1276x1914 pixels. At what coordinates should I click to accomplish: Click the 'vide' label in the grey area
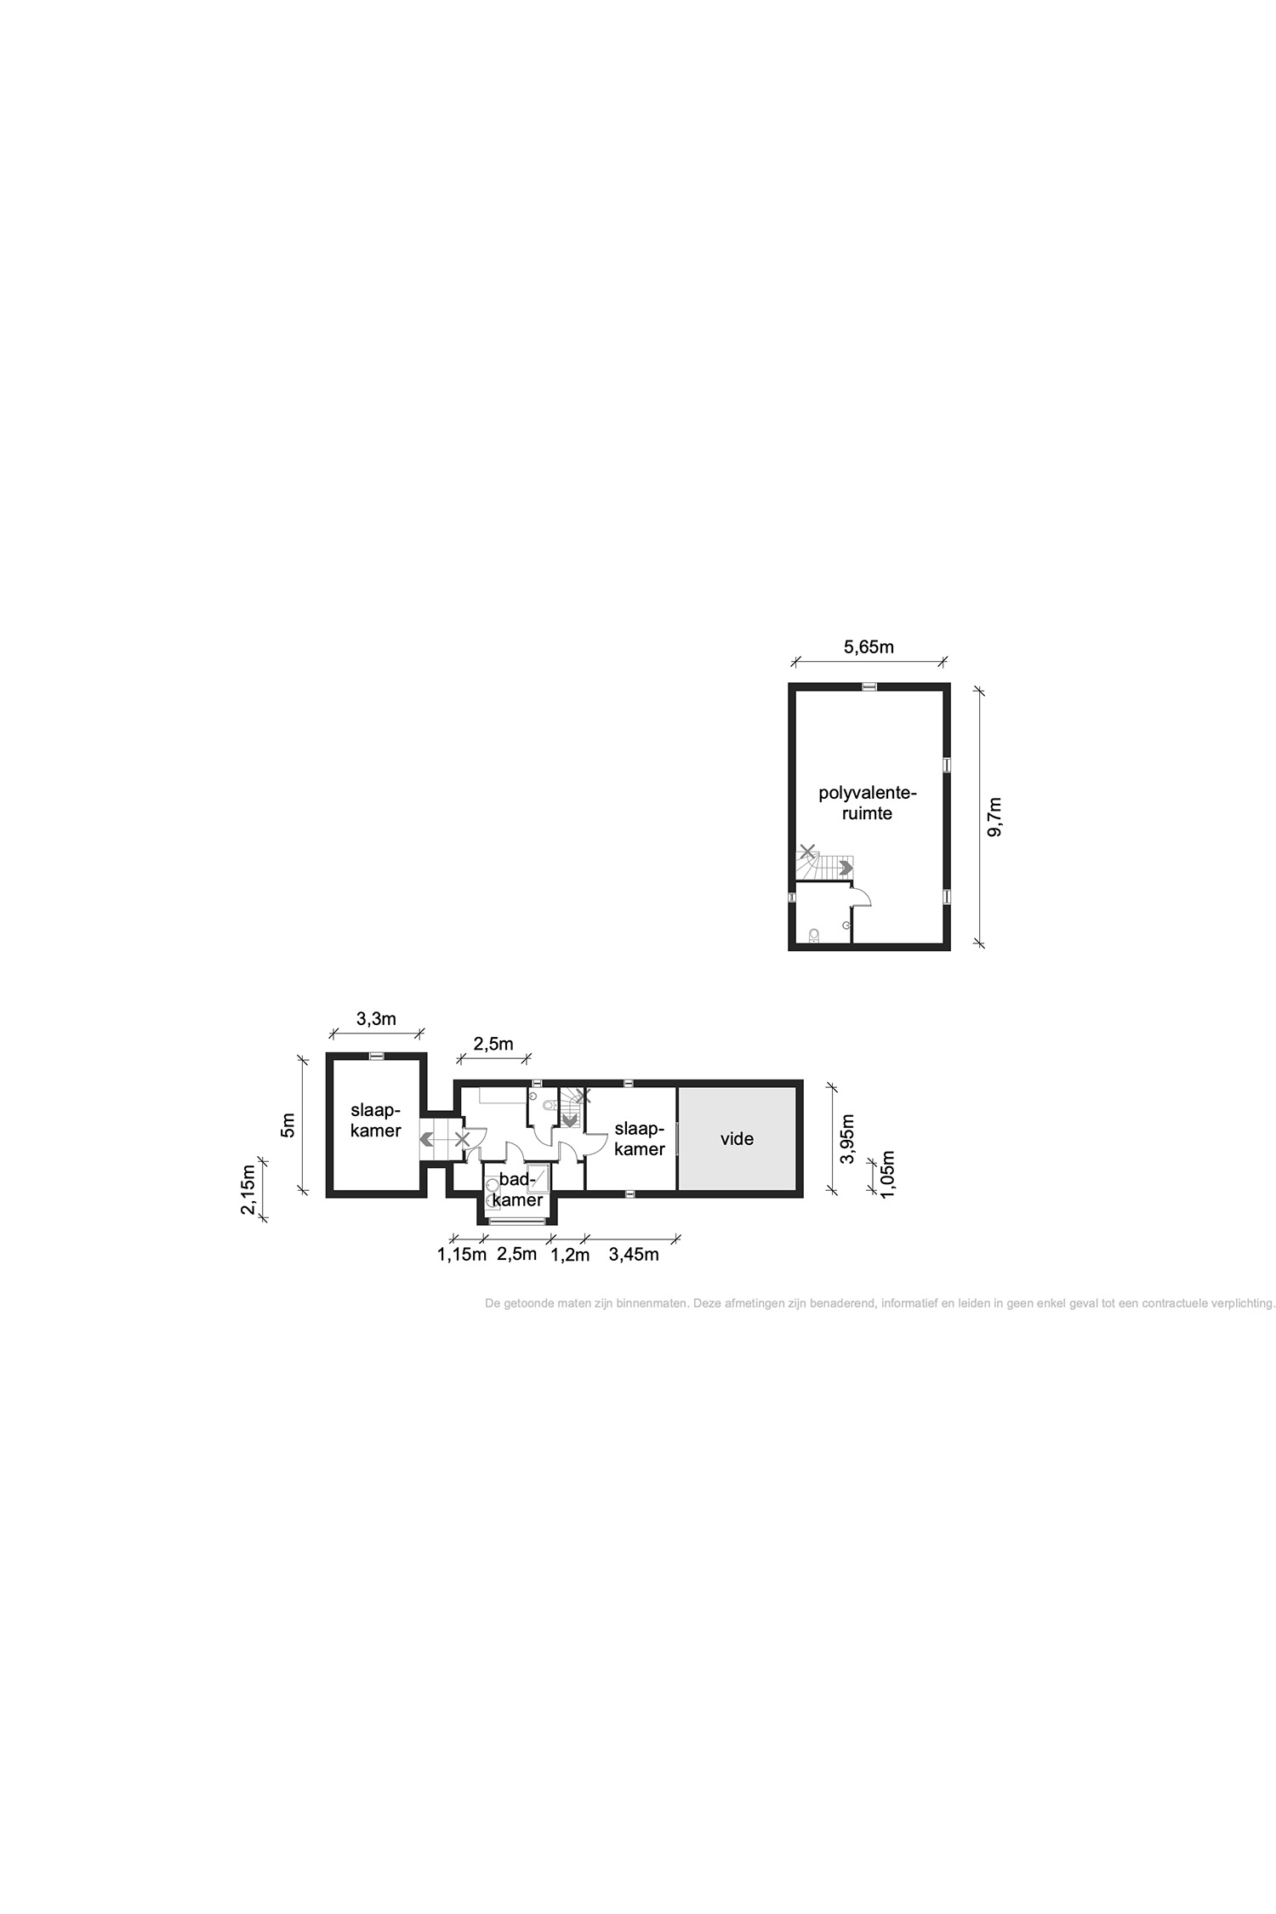pos(737,1138)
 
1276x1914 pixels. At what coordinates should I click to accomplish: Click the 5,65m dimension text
pos(869,647)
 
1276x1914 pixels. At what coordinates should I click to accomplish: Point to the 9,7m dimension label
pos(994,817)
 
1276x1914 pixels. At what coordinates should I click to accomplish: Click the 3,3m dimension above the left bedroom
pos(376,1019)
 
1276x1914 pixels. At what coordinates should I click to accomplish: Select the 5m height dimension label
pos(288,1125)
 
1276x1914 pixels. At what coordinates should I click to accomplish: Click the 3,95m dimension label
pos(846,1139)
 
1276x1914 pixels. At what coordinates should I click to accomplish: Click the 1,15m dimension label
pos(462,1254)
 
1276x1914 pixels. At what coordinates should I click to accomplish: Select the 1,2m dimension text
pos(570,1254)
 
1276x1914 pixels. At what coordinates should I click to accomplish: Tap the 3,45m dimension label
pos(634,1254)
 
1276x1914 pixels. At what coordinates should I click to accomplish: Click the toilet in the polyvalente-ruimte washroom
pos(814,936)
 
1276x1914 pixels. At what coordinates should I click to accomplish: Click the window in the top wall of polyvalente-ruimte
pos(869,686)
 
